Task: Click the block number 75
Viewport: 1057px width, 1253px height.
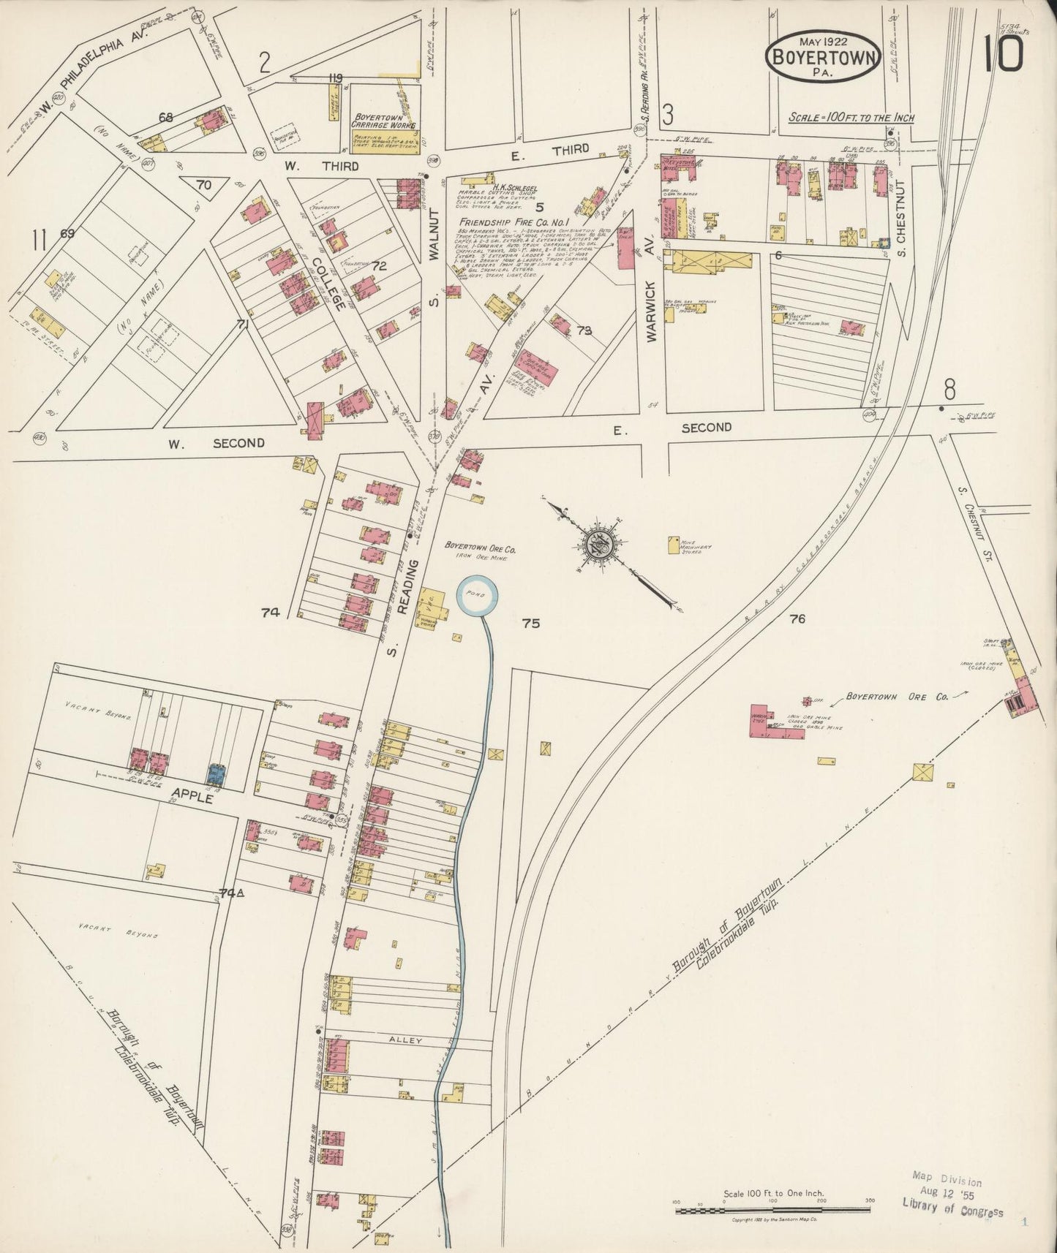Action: point(531,624)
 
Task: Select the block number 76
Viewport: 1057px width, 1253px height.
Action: point(797,619)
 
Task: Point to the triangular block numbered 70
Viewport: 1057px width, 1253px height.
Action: point(203,185)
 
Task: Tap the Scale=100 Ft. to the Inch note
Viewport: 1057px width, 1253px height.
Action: point(851,118)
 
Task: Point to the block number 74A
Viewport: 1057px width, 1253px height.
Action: point(233,893)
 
